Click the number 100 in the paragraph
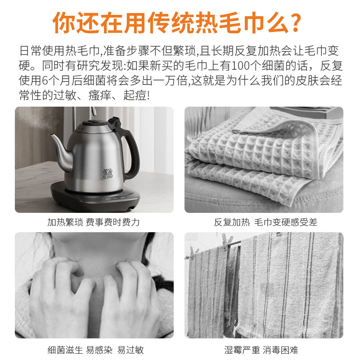pos(241,66)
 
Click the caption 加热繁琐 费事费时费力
pos(94,222)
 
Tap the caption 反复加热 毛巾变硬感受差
pos(265,222)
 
